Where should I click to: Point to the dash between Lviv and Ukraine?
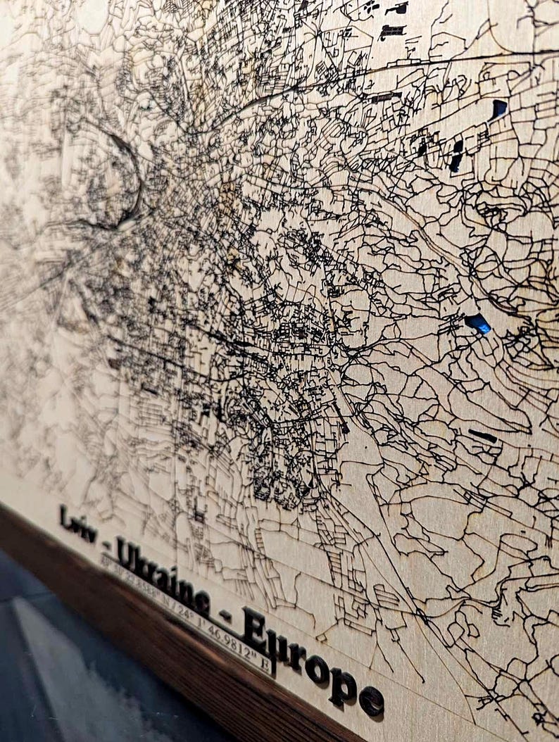(x=106, y=543)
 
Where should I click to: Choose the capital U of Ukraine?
(x=127, y=553)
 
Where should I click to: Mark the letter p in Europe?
(x=342, y=686)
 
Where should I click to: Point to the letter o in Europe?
(x=317, y=667)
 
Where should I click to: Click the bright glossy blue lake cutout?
(x=478, y=323)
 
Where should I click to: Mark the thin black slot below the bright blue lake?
(x=482, y=436)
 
